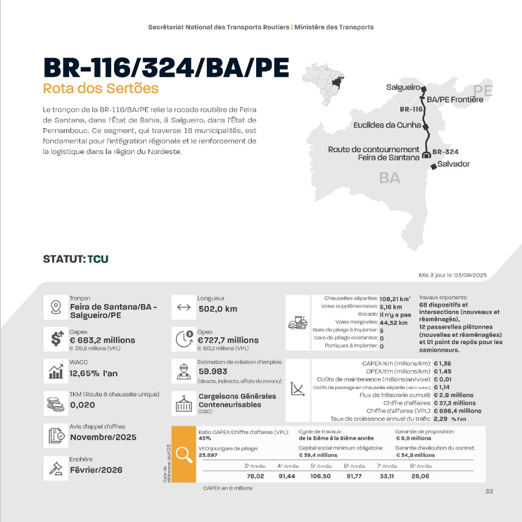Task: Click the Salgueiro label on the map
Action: coord(403,87)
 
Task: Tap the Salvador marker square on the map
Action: coord(434,166)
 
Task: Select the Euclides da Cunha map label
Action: coord(387,125)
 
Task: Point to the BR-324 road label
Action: coord(445,152)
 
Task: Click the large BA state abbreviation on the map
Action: coord(390,178)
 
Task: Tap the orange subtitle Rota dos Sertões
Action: coord(101,88)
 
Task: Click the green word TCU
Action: coord(98,259)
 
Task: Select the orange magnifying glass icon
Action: coord(184,454)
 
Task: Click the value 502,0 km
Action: coord(217,309)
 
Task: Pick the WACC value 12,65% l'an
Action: coord(93,373)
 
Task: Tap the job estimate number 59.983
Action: coord(213,372)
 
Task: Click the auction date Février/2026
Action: coord(96,470)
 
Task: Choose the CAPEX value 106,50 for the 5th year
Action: coord(320,476)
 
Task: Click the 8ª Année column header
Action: coord(420,466)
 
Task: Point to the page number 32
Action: coord(489,491)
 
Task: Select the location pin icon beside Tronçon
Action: coord(56,307)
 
